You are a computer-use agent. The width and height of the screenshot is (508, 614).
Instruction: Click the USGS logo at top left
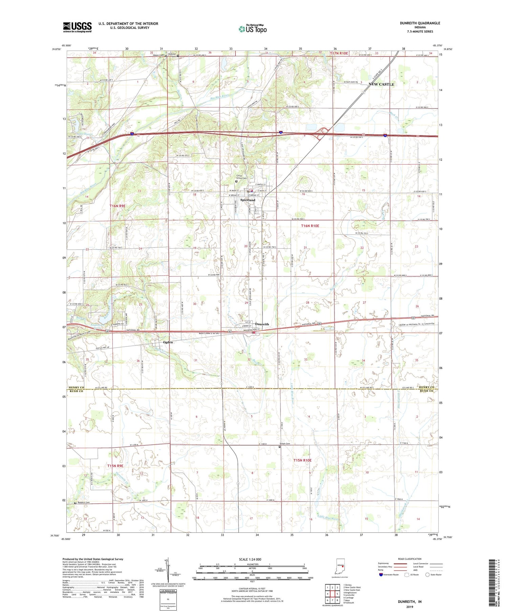pos(77,27)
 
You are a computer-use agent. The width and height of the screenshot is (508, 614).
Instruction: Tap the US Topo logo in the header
pos(252,29)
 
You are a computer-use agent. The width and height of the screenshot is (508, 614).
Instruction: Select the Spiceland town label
pos(248,200)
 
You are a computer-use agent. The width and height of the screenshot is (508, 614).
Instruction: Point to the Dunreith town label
pos(262,324)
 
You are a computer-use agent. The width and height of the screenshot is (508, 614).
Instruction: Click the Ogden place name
pos(168,342)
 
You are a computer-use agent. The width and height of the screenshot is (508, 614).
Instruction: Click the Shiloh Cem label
pos(285,444)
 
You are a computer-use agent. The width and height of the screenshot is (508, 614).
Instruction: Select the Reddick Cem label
pos(83,503)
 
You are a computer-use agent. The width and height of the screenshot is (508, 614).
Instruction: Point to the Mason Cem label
pos(158,55)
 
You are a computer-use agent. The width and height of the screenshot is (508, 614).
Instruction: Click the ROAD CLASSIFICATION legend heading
pos(409,559)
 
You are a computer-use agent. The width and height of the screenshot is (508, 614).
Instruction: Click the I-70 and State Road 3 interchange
pos(323,133)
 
